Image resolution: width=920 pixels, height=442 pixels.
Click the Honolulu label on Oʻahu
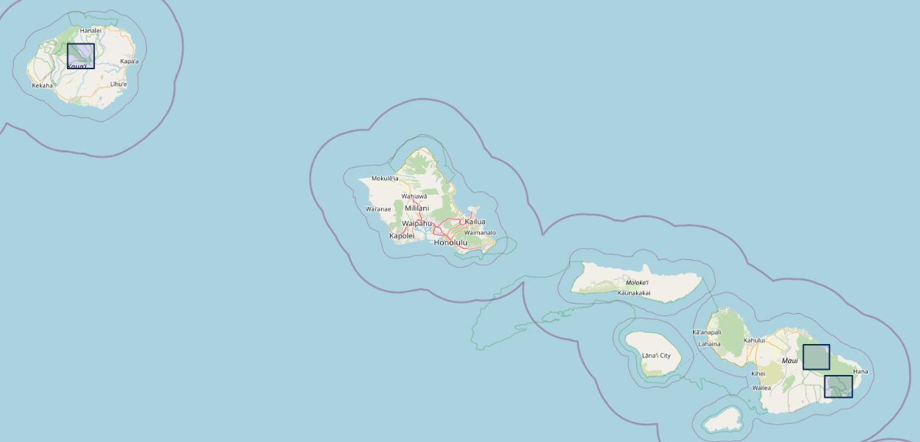450,242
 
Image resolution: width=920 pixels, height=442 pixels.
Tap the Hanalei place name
90,30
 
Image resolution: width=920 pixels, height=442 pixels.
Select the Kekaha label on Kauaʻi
42,85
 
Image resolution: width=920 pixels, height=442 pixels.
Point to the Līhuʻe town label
118,85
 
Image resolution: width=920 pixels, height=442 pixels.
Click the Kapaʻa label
129,61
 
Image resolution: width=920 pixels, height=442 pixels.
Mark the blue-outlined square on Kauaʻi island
80,56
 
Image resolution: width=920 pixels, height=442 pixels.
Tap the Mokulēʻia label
385,178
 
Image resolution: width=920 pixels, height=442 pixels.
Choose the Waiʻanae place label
378,209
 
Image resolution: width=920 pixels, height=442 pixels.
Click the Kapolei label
402,236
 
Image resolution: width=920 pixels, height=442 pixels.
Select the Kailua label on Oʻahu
475,222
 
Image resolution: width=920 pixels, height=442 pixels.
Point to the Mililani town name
417,208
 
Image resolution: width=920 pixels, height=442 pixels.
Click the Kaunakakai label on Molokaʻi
634,292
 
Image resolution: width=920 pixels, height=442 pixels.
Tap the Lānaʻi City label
656,356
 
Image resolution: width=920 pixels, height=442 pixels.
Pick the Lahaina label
709,344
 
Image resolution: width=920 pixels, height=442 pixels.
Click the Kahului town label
754,340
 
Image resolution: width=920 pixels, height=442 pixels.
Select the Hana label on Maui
860,371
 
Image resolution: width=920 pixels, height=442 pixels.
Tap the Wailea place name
762,387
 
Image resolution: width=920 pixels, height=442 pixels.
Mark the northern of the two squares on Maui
816,357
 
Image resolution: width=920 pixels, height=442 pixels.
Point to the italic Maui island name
790,361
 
